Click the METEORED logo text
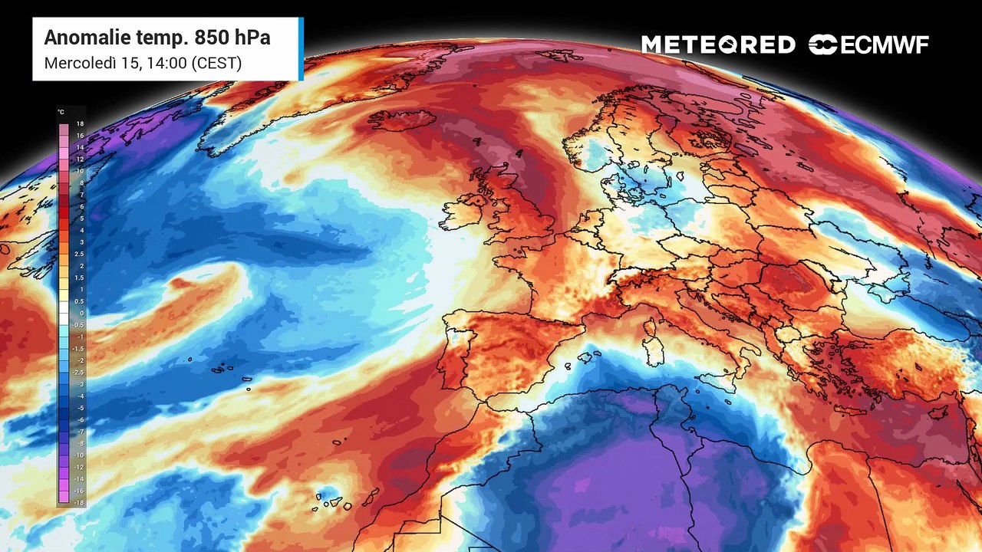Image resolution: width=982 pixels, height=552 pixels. coord(718,45)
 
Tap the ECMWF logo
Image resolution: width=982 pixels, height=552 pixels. coord(868,45)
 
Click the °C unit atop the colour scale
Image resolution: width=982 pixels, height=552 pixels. coord(61,112)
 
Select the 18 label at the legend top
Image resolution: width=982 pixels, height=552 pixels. coord(80,123)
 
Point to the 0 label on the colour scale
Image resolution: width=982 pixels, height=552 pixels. coord(81,313)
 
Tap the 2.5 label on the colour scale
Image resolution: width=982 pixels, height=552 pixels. coord(80,254)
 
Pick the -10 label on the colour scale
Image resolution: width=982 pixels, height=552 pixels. coord(79,455)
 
